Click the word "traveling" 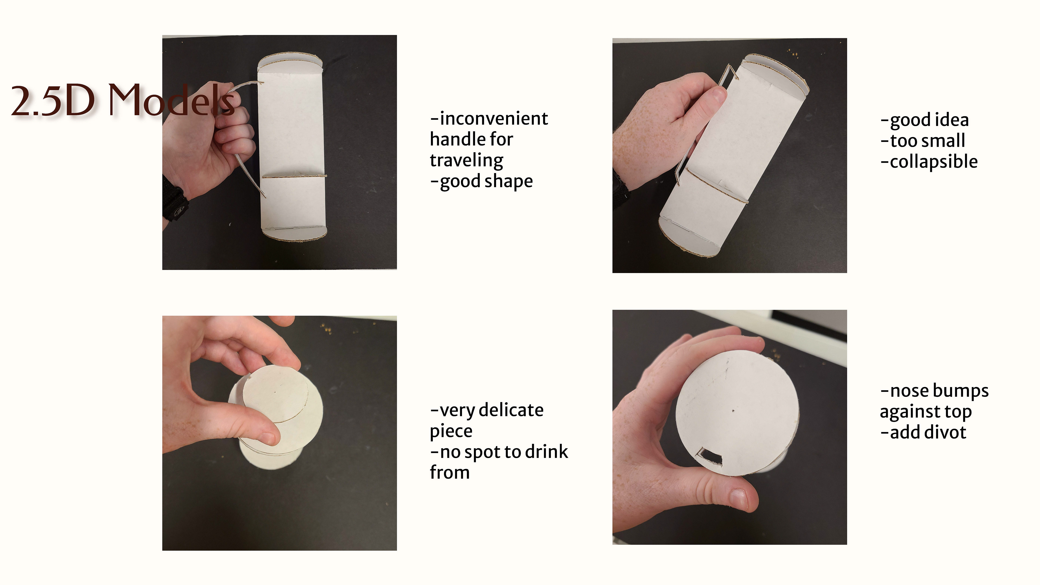coord(467,161)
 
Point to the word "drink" coord(545,451)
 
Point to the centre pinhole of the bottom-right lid coord(733,411)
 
